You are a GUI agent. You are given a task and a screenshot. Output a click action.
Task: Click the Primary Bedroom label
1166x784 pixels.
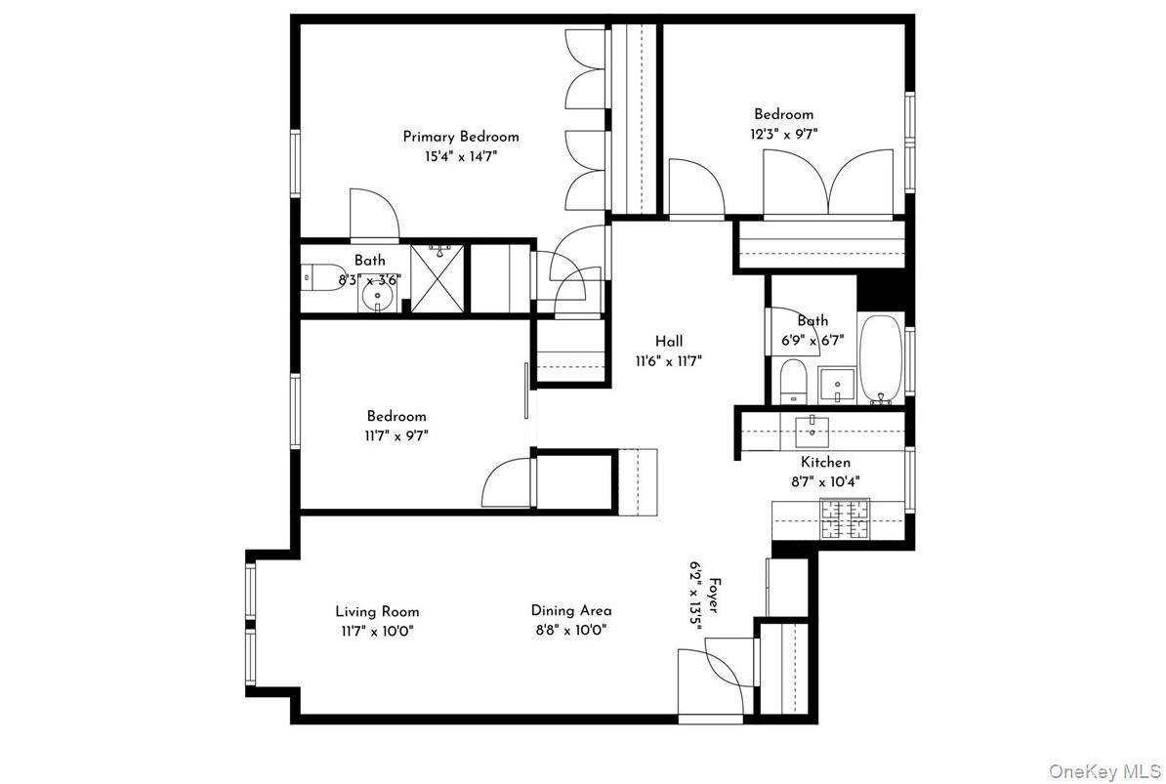pos(461,137)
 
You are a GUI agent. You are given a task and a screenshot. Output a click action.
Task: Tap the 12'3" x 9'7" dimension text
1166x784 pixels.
pos(784,135)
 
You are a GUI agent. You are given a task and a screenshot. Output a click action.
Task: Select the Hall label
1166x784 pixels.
pos(669,341)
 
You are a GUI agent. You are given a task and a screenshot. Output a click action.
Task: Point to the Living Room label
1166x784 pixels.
pos(377,611)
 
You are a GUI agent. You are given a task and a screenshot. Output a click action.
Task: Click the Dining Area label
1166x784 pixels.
pos(571,611)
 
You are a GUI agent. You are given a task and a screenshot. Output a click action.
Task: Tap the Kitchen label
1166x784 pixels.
pos(825,462)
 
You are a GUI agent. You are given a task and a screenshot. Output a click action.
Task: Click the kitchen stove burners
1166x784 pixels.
pos(845,518)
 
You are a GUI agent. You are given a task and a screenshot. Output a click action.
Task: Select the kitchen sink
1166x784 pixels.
pos(812,430)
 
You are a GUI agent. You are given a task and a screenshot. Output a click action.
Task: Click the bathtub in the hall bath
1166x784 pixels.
pos(881,359)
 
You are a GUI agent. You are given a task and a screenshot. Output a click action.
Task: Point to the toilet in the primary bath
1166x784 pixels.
pos(321,277)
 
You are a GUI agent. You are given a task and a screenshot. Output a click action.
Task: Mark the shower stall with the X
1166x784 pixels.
pos(437,278)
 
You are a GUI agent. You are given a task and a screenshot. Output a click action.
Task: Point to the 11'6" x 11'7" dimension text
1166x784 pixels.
pos(669,362)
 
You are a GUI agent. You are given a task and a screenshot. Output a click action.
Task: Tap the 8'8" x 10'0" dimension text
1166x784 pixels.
pos(571,631)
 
